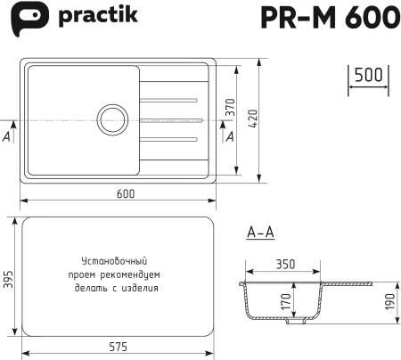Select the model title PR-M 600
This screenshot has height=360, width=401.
click(323, 18)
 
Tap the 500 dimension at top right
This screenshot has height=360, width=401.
click(366, 76)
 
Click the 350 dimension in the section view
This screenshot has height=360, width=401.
click(285, 265)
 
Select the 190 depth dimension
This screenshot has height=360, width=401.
click(389, 302)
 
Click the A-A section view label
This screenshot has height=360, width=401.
click(259, 233)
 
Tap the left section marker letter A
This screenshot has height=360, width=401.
click(8, 136)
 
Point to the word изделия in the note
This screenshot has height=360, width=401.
click(142, 288)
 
